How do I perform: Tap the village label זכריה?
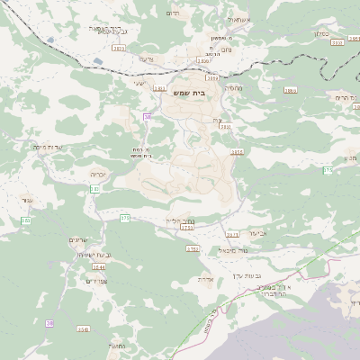click(99, 174)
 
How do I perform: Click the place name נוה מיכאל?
click(232, 250)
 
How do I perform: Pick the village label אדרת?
click(206, 279)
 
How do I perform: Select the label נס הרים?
click(342, 96)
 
